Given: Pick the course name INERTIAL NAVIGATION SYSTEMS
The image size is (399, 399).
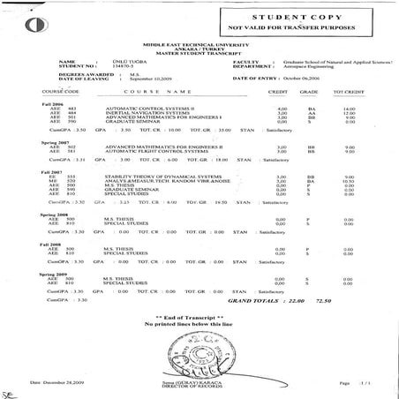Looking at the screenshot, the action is point(147,113).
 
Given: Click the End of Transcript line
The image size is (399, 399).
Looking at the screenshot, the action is point(199,316).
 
